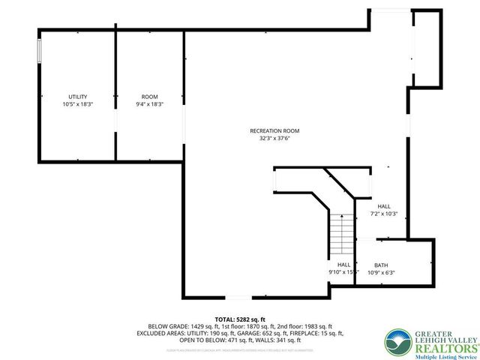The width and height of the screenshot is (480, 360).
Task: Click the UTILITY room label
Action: [78, 97]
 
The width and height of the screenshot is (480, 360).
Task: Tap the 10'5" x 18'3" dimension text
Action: [78, 105]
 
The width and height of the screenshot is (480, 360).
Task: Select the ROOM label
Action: [150, 97]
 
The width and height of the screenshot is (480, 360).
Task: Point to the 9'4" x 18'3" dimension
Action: [150, 105]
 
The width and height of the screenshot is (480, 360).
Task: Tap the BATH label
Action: [381, 265]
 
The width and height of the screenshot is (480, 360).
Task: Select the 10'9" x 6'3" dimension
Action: [381, 271]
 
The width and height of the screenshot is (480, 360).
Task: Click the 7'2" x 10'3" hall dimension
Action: [384, 214]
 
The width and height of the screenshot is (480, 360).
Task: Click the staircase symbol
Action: [342, 234]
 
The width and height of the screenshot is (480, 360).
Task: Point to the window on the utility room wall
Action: [39, 54]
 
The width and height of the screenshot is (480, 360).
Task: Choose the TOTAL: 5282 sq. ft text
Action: [240, 319]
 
